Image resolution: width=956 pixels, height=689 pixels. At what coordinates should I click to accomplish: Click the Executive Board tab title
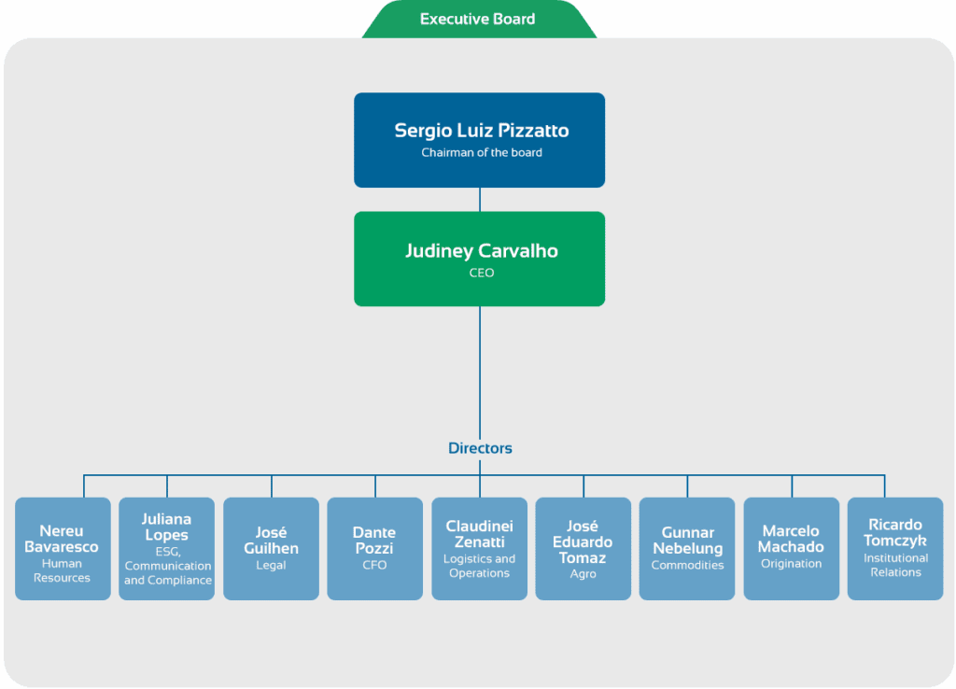click(x=477, y=19)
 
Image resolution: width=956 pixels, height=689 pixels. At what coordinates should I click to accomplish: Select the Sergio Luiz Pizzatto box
click(x=479, y=140)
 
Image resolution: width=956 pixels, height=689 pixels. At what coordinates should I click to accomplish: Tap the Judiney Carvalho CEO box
click(x=479, y=259)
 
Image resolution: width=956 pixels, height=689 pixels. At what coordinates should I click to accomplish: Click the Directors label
click(x=480, y=448)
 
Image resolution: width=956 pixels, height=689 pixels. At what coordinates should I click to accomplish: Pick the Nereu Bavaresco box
click(x=63, y=549)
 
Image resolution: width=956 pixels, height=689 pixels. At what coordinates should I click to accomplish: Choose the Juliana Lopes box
click(x=166, y=549)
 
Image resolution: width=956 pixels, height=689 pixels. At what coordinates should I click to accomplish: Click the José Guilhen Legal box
click(x=271, y=549)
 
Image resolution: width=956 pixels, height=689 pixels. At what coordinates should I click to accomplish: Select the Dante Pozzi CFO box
click(x=375, y=549)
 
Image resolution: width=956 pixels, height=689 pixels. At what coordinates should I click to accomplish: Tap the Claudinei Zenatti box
click(x=479, y=549)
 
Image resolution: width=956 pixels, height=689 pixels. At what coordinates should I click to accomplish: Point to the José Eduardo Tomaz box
click(x=583, y=549)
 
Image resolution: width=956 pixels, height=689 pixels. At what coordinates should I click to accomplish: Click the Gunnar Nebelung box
click(x=687, y=549)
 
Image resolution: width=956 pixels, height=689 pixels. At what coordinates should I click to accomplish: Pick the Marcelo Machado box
click(x=792, y=549)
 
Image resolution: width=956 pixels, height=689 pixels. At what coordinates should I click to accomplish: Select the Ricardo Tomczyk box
click(x=895, y=549)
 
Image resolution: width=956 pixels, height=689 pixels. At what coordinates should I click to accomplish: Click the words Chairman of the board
click(x=482, y=152)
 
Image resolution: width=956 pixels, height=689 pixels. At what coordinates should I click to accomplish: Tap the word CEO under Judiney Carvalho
click(x=482, y=273)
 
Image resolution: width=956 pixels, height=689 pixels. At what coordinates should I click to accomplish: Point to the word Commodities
click(x=688, y=565)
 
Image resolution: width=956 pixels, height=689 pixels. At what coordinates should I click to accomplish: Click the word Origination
click(x=792, y=564)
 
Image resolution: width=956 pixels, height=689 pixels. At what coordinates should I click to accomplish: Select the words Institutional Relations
click(x=895, y=565)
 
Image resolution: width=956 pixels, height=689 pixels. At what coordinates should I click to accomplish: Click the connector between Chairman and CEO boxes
click(x=480, y=200)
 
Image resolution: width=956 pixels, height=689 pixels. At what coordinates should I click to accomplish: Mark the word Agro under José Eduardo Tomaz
click(x=583, y=574)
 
